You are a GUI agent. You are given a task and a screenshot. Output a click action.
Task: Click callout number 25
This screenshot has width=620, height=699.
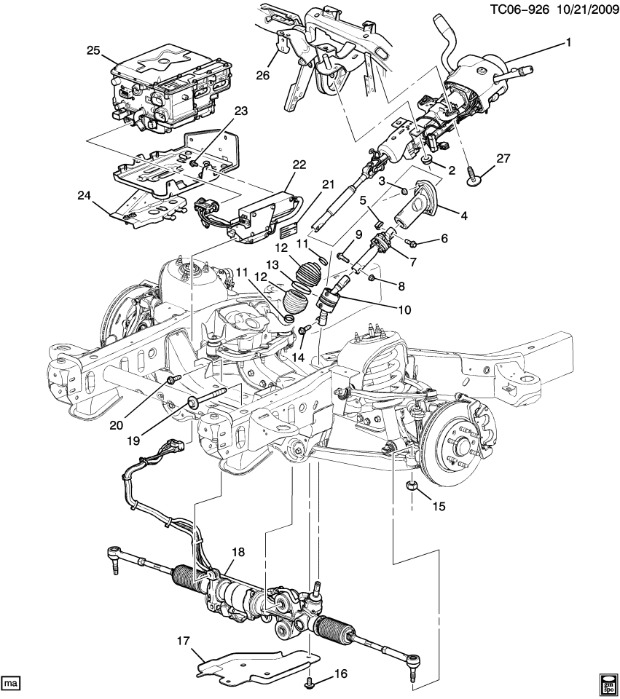click(93, 50)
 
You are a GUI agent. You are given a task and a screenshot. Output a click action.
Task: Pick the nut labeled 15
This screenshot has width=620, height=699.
click(412, 485)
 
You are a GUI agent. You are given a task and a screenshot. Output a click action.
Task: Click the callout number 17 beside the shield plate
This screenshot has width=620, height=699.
click(182, 641)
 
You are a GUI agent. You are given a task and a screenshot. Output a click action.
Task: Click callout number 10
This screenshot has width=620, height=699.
click(404, 309)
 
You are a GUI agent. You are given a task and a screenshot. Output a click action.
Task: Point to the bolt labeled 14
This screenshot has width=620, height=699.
click(302, 332)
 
